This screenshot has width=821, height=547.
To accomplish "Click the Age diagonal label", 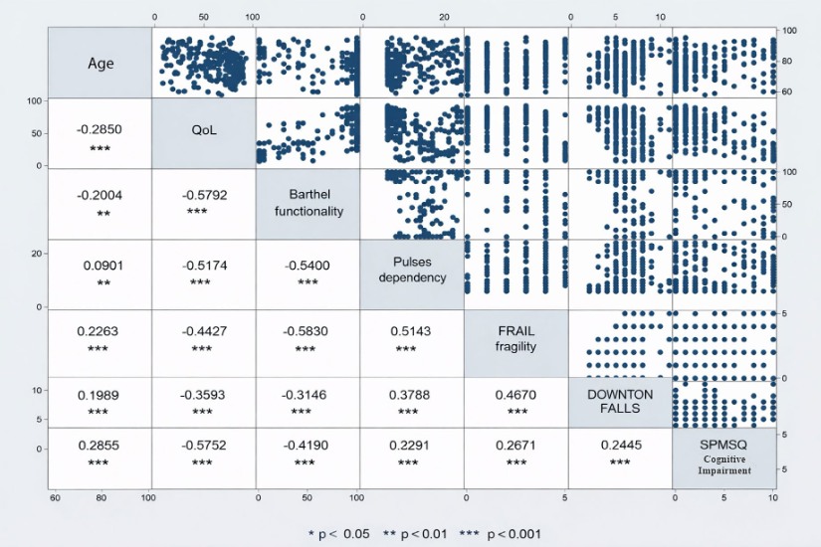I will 101,64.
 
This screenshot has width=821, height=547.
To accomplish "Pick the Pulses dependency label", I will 412,270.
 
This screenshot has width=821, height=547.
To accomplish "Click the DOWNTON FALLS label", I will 619,402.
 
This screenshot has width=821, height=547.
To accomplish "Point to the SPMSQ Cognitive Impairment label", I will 723,457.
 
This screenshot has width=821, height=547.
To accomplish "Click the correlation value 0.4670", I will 514,395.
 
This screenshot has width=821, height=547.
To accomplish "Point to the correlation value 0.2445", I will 619,447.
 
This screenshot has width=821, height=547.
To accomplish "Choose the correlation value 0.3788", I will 412,395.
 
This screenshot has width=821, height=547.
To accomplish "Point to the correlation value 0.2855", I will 101,447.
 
